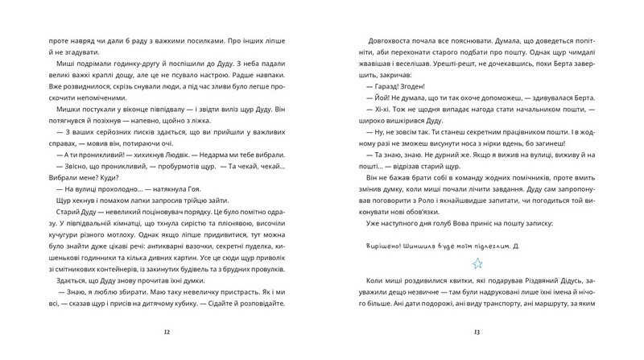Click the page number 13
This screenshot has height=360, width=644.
click(x=477, y=331)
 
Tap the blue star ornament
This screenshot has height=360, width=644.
click(x=477, y=263)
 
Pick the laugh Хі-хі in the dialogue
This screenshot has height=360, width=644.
click(x=378, y=121)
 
